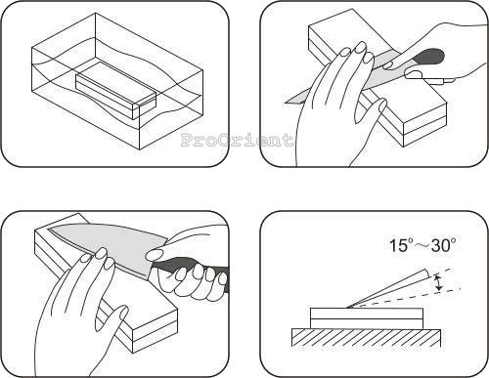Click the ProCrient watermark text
(237, 140)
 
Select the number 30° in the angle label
(443, 245)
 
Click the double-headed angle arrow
(439, 282)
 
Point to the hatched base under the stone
(366, 338)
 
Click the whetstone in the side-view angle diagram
(367, 318)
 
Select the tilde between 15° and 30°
(422, 246)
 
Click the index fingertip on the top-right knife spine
(388, 64)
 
